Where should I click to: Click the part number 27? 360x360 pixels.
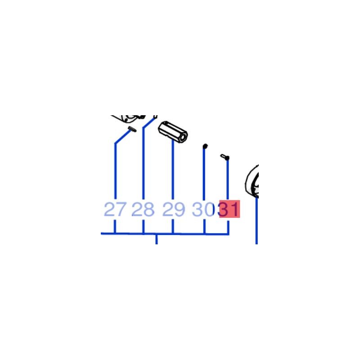click(x=115, y=209)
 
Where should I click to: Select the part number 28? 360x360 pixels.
click(x=143, y=209)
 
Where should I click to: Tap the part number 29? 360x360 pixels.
click(x=173, y=209)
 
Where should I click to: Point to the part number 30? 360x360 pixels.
click(x=203, y=209)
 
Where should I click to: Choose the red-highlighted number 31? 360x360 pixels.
click(x=229, y=209)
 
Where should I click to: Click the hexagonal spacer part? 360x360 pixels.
click(x=173, y=132)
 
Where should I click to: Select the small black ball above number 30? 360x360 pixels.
click(x=205, y=146)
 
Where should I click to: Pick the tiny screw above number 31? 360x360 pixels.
click(x=225, y=157)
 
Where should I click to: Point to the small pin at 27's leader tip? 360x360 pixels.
click(x=132, y=129)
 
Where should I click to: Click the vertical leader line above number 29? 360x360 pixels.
click(x=173, y=170)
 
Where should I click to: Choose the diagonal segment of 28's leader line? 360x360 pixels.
click(x=150, y=122)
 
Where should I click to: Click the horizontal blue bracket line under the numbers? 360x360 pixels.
click(x=165, y=234)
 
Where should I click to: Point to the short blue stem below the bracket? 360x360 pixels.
click(x=157, y=239)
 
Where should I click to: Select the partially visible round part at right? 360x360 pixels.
click(x=252, y=181)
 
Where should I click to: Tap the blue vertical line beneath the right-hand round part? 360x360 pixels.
click(x=256, y=220)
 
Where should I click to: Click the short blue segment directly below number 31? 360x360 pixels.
click(x=228, y=227)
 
